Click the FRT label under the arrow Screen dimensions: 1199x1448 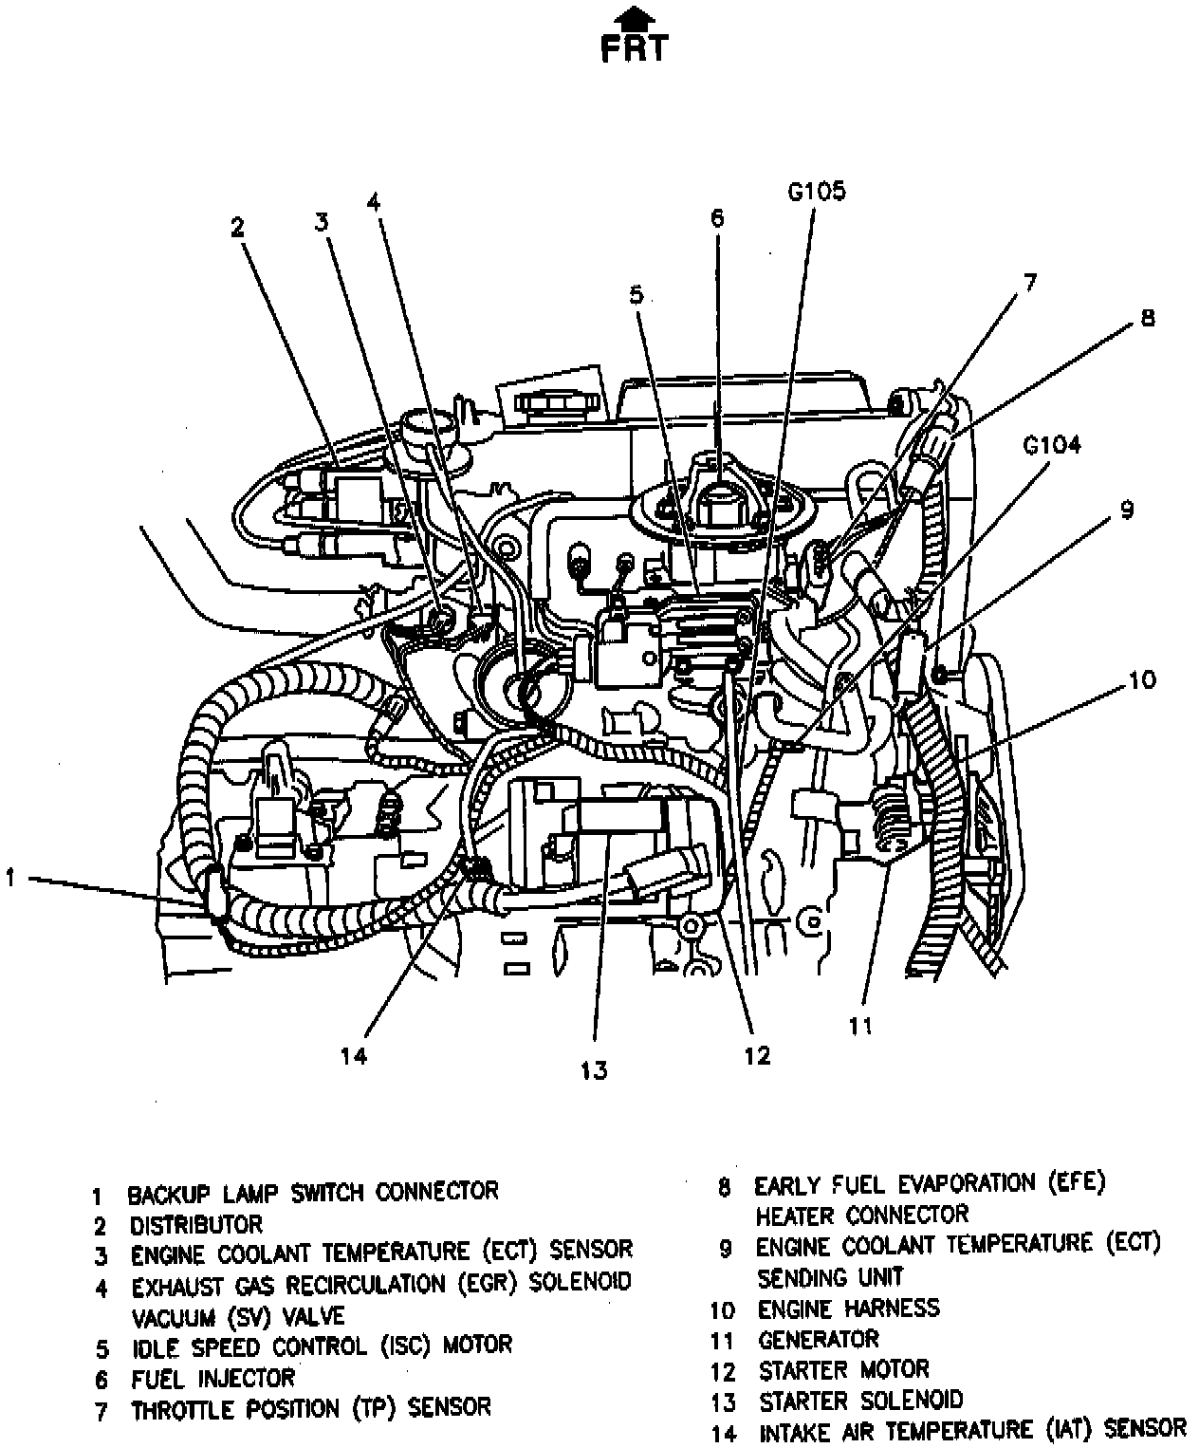pyautogui.click(x=634, y=49)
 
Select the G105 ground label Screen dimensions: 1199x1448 pyautogui.click(x=816, y=192)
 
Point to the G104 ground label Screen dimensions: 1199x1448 pyautogui.click(x=1051, y=445)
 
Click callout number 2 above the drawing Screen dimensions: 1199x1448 pyautogui.click(x=238, y=228)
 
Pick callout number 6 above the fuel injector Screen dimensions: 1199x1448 pyautogui.click(x=717, y=217)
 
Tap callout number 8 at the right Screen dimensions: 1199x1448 pyautogui.click(x=1148, y=318)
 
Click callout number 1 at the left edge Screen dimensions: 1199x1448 pyautogui.click(x=9, y=879)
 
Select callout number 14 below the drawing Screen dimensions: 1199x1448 pyautogui.click(x=353, y=1056)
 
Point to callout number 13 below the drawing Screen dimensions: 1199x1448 pyautogui.click(x=594, y=1070)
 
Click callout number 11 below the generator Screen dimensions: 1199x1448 pyautogui.click(x=860, y=1026)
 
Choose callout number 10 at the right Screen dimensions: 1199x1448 pyautogui.click(x=1142, y=679)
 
